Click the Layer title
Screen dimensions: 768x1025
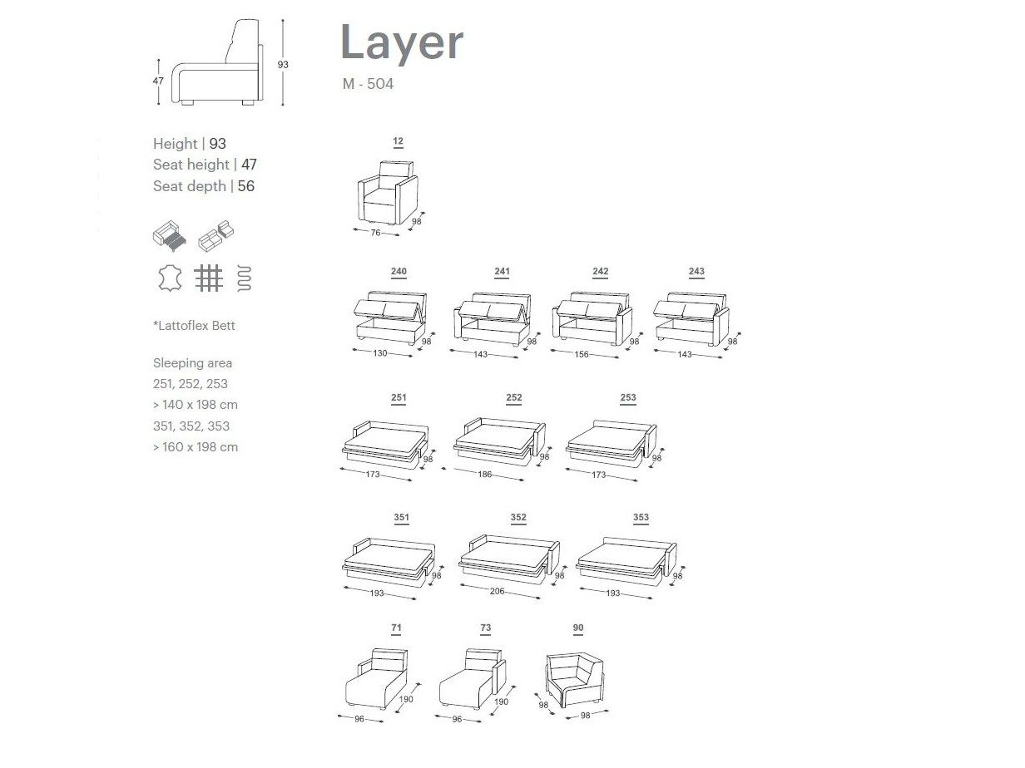pyautogui.click(x=401, y=42)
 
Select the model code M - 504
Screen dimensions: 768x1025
pyautogui.click(x=367, y=84)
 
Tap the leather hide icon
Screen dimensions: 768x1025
pyautogui.click(x=171, y=278)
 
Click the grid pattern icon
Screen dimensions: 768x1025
pyautogui.click(x=208, y=278)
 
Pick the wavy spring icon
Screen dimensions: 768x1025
pyautogui.click(x=245, y=278)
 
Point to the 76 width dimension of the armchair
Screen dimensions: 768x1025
pyautogui.click(x=375, y=233)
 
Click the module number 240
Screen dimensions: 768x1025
pyautogui.click(x=399, y=272)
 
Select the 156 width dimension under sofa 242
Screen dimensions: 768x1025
pyautogui.click(x=582, y=354)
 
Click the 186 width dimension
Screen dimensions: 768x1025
pyautogui.click(x=485, y=475)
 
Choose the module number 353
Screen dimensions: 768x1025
pyautogui.click(x=641, y=517)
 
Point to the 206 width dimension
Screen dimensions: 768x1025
pyautogui.click(x=497, y=592)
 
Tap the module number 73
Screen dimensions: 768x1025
pyautogui.click(x=486, y=628)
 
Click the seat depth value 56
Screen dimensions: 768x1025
pyautogui.click(x=246, y=186)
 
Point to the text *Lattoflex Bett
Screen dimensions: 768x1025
pyautogui.click(x=194, y=326)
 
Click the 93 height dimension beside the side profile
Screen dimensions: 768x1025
pyautogui.click(x=283, y=64)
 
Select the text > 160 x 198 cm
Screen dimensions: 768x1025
pyautogui.click(x=196, y=446)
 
